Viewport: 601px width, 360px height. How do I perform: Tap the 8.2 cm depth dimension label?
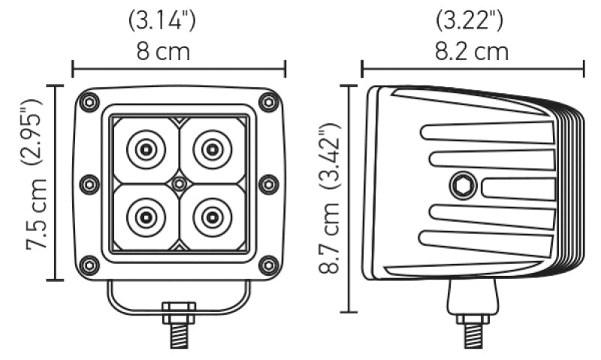[472, 52]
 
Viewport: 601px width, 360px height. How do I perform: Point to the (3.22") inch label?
[472, 20]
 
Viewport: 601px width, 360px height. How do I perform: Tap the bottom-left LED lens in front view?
[146, 216]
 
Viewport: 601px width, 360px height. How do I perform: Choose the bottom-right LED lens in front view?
[212, 216]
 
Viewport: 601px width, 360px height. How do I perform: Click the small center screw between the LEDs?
[179, 183]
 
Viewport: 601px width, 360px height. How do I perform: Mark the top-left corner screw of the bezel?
[90, 101]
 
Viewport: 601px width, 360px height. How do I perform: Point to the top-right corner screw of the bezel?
[268, 101]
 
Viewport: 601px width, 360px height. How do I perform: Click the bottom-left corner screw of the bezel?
[90, 265]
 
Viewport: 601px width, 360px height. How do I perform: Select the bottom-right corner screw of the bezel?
[268, 265]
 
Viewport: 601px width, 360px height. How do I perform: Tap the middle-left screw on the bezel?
[89, 183]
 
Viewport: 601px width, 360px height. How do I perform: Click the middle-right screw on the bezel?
[268, 183]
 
